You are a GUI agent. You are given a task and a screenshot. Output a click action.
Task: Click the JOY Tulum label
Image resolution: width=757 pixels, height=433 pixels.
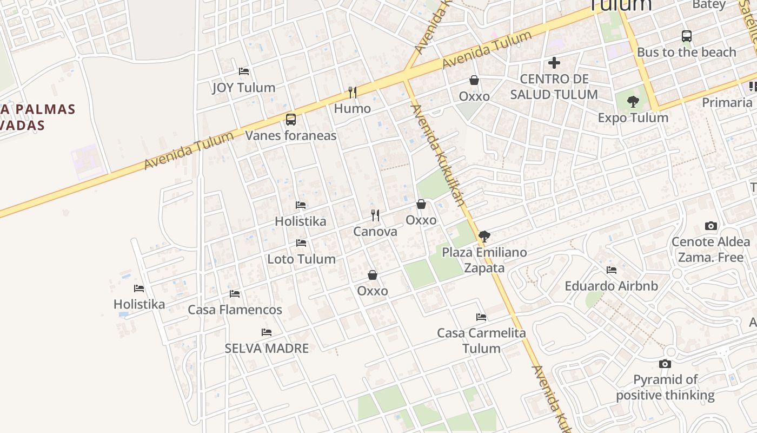[243, 88]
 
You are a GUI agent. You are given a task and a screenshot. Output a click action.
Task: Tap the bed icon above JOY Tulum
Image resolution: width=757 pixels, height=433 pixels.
[244, 71]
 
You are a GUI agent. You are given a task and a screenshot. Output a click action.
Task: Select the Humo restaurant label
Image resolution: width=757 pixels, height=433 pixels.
[353, 109]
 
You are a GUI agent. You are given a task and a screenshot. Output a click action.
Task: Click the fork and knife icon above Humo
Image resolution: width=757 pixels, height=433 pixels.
[353, 93]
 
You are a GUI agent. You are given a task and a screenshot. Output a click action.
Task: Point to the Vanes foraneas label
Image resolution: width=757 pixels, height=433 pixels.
[291, 135]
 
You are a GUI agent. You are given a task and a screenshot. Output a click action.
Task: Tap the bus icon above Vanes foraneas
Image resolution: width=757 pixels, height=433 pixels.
[291, 119]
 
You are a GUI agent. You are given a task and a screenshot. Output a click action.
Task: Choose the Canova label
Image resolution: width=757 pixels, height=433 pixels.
[375, 232]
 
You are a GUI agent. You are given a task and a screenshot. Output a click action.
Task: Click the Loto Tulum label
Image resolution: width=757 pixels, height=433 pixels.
[301, 259]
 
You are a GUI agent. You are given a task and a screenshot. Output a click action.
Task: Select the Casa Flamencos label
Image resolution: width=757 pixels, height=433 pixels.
[235, 310]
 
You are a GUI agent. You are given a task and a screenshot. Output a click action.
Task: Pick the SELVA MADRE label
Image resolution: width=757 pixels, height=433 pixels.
[267, 348]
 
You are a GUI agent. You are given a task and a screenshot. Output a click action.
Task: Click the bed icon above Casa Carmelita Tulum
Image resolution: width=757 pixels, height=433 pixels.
[481, 317]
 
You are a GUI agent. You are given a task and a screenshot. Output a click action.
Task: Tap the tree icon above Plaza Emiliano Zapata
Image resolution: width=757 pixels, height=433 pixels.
[484, 236]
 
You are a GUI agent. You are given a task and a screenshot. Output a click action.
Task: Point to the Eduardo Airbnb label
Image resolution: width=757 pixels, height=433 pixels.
[612, 286]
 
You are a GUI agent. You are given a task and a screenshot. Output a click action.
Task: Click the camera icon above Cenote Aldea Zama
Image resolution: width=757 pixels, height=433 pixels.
[711, 226]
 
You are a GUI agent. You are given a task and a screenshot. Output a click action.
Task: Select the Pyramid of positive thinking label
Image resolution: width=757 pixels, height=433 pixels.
[665, 387]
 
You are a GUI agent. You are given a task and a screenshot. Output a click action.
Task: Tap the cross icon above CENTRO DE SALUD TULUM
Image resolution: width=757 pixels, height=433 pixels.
[554, 63]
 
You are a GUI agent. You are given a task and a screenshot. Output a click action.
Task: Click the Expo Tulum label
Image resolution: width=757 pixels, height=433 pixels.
[633, 118]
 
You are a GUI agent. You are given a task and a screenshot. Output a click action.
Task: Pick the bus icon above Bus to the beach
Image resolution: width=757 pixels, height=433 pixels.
[687, 36]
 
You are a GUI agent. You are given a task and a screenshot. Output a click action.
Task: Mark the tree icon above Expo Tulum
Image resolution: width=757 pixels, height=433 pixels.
[633, 101]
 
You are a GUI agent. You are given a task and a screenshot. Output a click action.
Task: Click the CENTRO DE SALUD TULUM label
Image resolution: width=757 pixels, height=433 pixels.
[554, 87]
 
